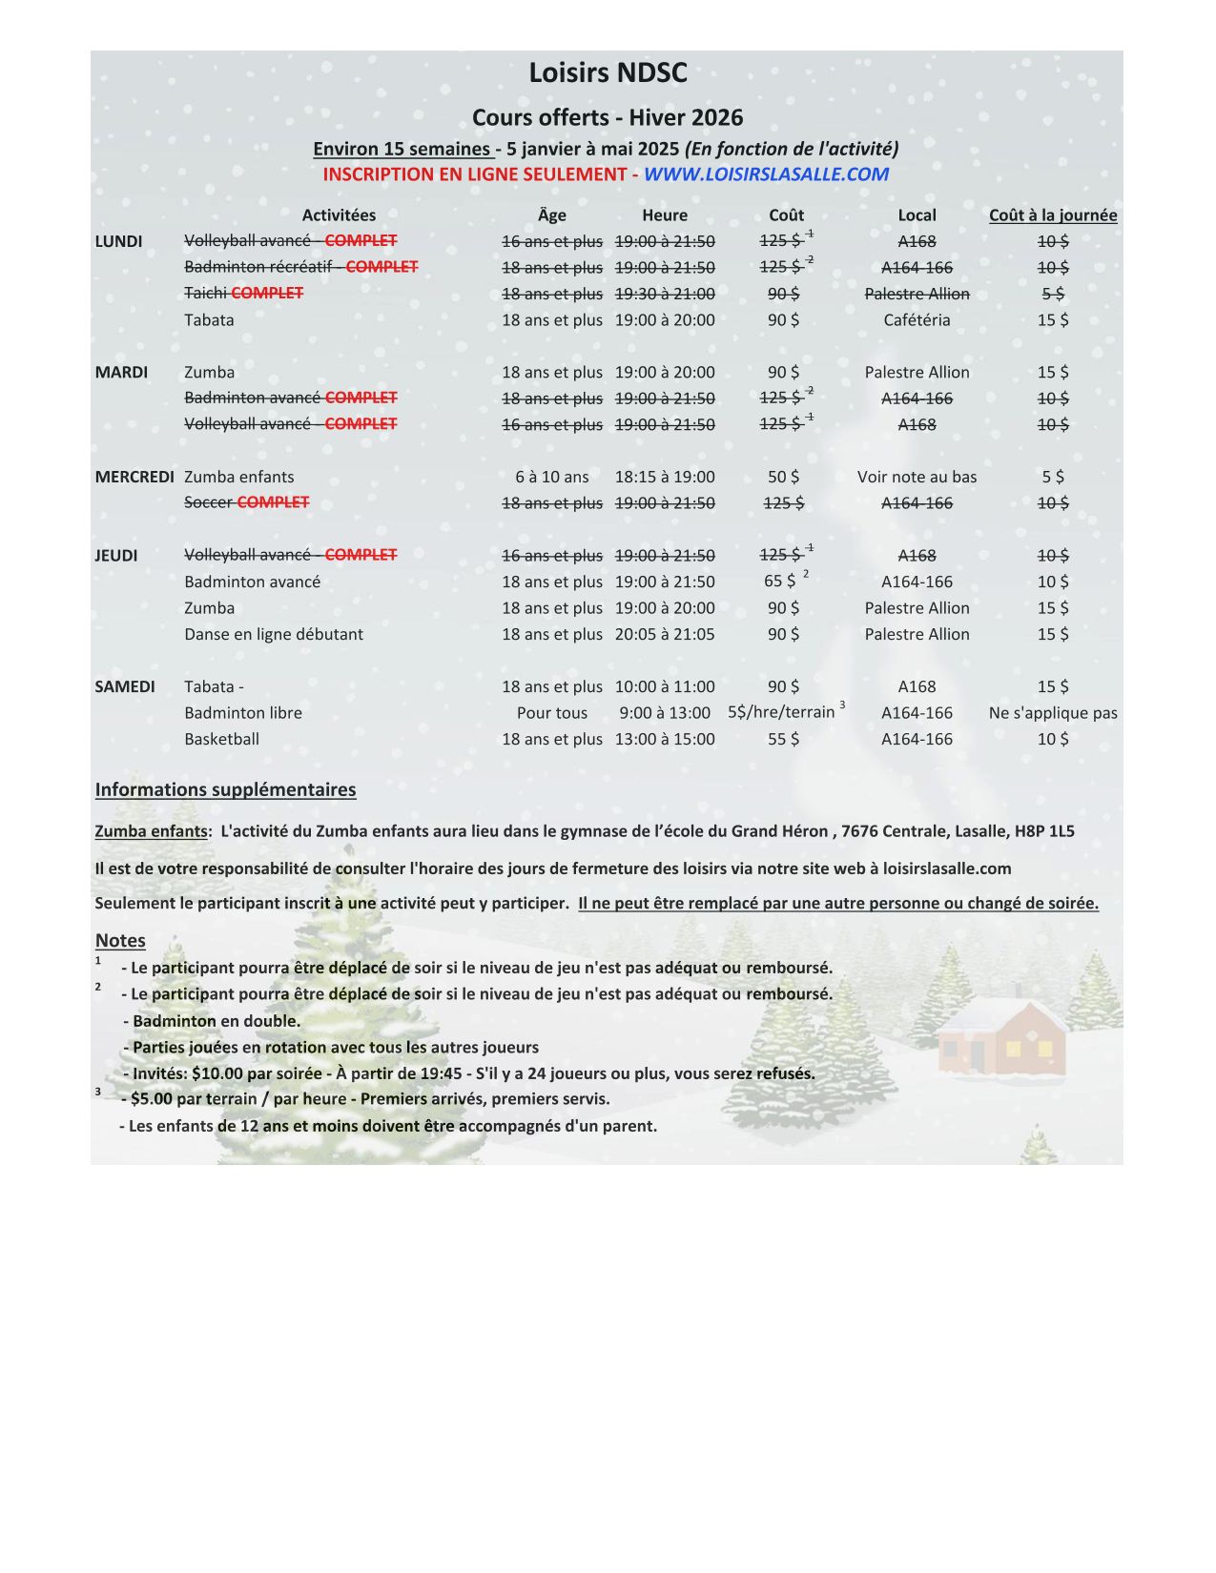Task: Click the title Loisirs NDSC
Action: [608, 72]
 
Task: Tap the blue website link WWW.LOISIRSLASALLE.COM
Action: [766, 174]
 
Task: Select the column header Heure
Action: [665, 215]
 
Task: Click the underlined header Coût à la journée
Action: [1053, 215]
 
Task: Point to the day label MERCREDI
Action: [134, 477]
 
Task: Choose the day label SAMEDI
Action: [125, 686]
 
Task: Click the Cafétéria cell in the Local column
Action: [917, 320]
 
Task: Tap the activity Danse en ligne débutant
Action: [274, 634]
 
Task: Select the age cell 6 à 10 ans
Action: [552, 477]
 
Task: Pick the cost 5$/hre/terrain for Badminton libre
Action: [781, 712]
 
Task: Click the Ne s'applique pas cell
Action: [1053, 713]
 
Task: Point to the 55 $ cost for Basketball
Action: [783, 739]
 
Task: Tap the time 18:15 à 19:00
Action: [665, 477]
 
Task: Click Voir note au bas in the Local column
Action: [917, 477]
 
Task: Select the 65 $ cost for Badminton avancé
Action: [779, 582]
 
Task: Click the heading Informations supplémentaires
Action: [225, 789]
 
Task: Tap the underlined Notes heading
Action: [120, 940]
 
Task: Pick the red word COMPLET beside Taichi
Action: [267, 294]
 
